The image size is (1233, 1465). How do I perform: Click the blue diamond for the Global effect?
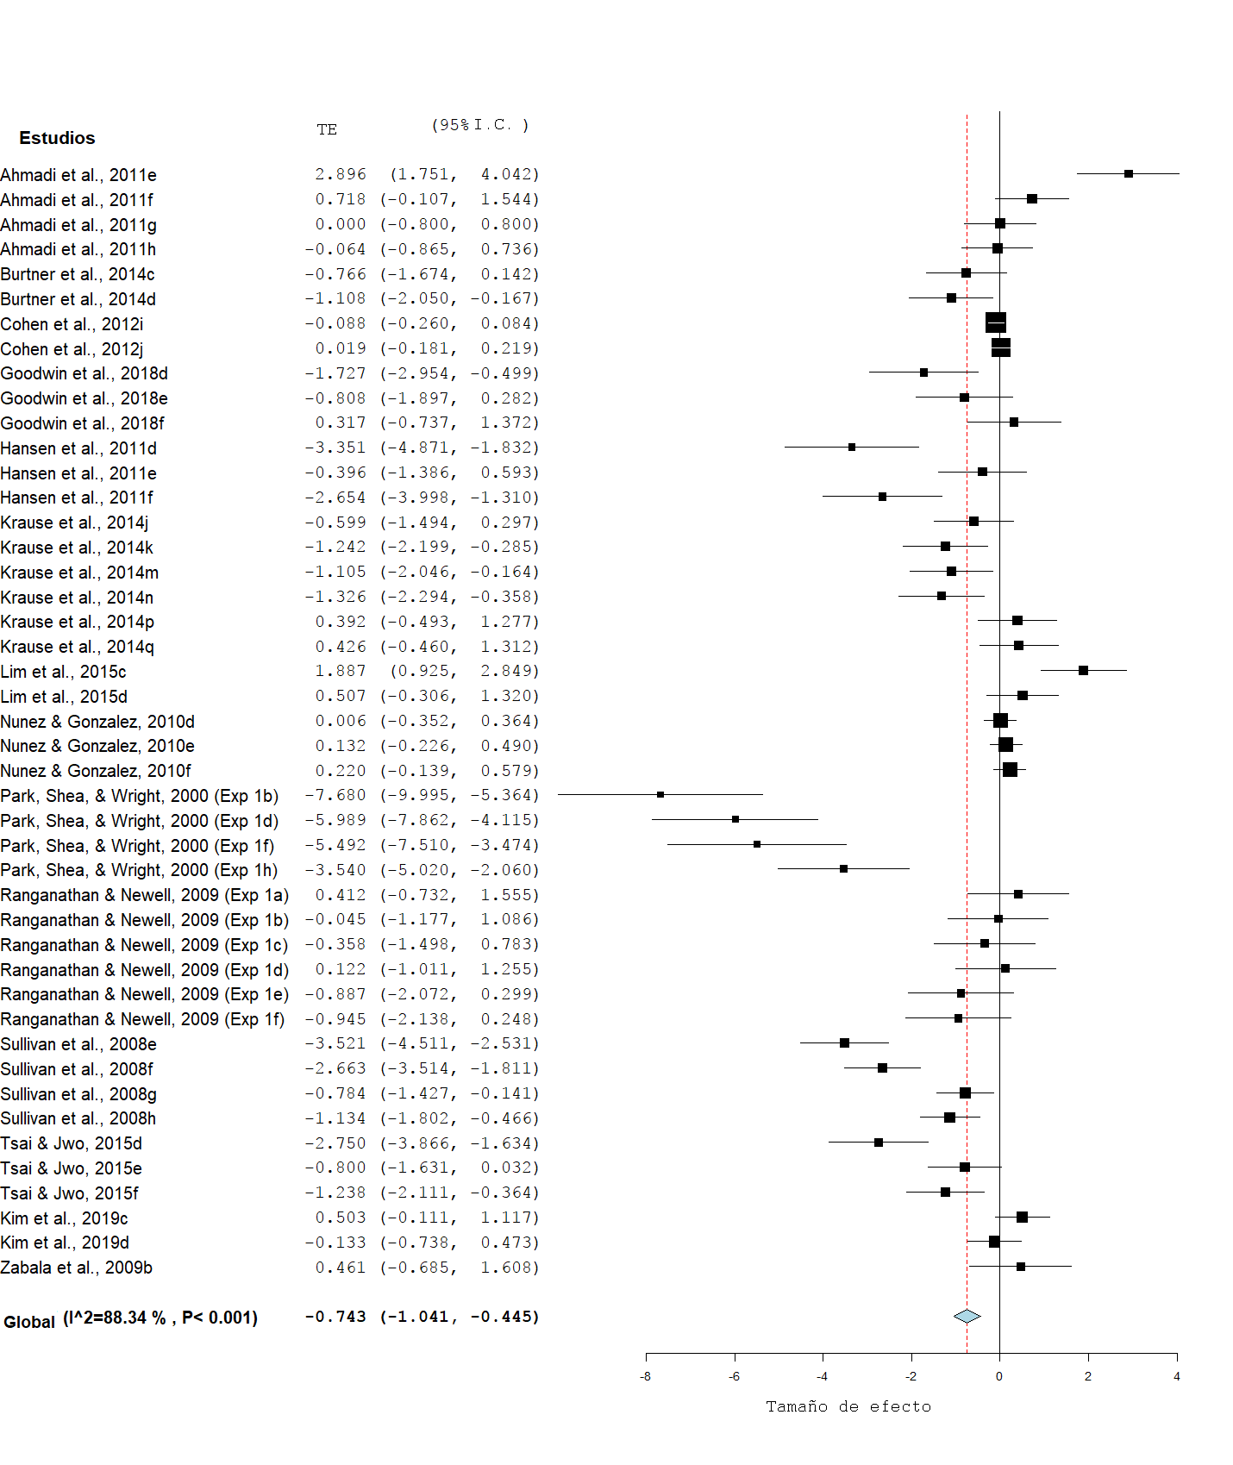click(x=967, y=1316)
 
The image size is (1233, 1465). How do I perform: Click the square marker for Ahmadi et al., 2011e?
click(x=1128, y=173)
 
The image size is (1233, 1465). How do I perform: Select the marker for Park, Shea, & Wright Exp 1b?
click(x=660, y=794)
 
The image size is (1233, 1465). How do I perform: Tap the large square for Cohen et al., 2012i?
click(x=995, y=322)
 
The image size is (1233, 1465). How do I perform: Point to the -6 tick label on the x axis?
click(x=734, y=1376)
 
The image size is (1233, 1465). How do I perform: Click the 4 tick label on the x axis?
click(x=1176, y=1376)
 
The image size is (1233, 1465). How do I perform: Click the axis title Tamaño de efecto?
click(x=848, y=1406)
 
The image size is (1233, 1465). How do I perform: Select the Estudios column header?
click(x=57, y=138)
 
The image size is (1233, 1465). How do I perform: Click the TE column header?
click(x=326, y=129)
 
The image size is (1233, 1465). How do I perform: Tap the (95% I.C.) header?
click(x=479, y=125)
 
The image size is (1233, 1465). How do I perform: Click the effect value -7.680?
click(x=335, y=795)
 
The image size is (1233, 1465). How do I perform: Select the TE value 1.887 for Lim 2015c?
click(x=340, y=671)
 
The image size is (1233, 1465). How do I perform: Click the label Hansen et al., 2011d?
click(x=78, y=448)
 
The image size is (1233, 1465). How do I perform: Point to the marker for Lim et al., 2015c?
click(x=1083, y=670)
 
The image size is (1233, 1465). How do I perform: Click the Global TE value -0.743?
click(x=335, y=1317)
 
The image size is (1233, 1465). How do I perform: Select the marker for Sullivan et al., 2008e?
click(x=844, y=1042)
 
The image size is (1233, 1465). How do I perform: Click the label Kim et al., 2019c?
click(x=64, y=1218)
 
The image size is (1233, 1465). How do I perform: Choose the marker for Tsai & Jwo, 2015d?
click(x=878, y=1142)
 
